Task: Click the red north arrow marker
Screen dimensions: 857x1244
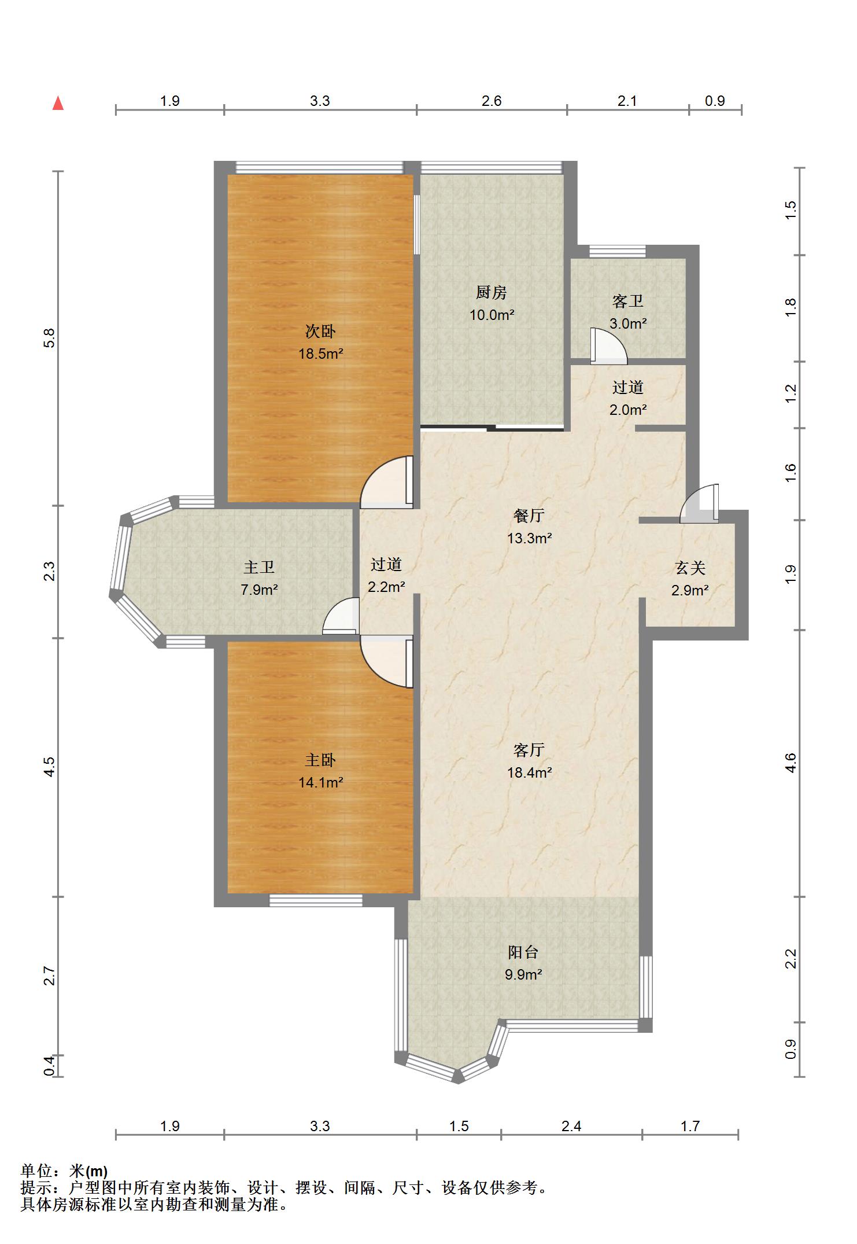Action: point(58,104)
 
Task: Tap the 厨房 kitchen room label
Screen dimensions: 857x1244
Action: point(492,293)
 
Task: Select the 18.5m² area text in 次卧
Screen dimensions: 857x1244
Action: point(321,354)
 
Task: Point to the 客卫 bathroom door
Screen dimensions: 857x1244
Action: point(609,347)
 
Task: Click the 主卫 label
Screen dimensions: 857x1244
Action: point(259,568)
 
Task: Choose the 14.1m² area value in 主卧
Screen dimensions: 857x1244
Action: point(321,783)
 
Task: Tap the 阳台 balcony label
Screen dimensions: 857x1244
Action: point(523,952)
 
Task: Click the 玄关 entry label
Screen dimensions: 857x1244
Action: point(690,568)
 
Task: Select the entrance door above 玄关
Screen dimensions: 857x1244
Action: point(699,504)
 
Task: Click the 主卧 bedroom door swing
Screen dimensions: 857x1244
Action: point(387,661)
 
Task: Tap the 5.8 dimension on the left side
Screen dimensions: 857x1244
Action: point(50,338)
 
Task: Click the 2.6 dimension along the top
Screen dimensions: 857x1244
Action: point(492,101)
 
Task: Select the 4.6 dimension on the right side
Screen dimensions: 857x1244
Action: point(791,763)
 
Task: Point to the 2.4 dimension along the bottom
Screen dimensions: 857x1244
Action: point(571,1127)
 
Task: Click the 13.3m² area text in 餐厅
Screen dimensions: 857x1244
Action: point(530,539)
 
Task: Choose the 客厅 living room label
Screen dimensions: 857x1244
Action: point(529,750)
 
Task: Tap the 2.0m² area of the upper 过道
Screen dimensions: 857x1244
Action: point(628,410)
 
